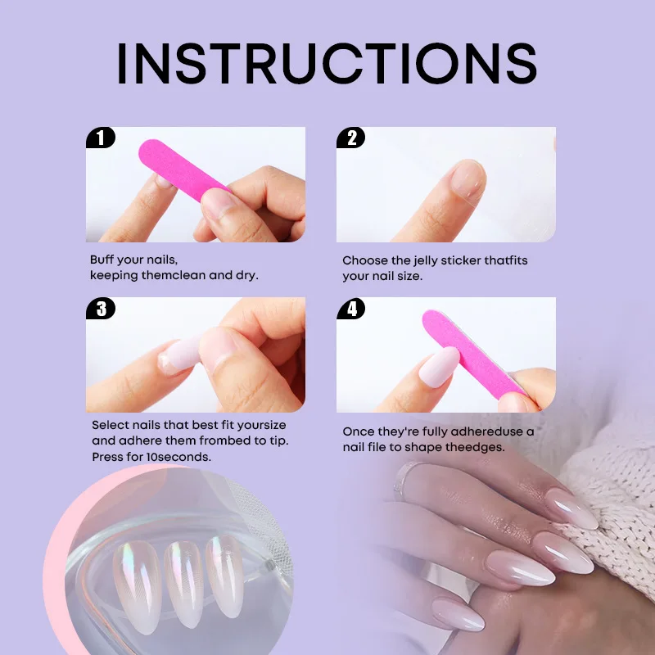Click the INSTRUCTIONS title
pyautogui.click(x=327, y=62)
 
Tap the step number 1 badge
pyautogui.click(x=101, y=138)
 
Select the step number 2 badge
pyautogui.click(x=351, y=138)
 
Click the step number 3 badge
pyautogui.click(x=101, y=309)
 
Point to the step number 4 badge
pyautogui.click(x=351, y=309)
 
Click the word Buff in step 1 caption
pyautogui.click(x=102, y=260)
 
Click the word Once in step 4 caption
pyautogui.click(x=358, y=431)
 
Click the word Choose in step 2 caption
pyautogui.click(x=365, y=260)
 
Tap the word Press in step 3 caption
pyautogui.click(x=106, y=457)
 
